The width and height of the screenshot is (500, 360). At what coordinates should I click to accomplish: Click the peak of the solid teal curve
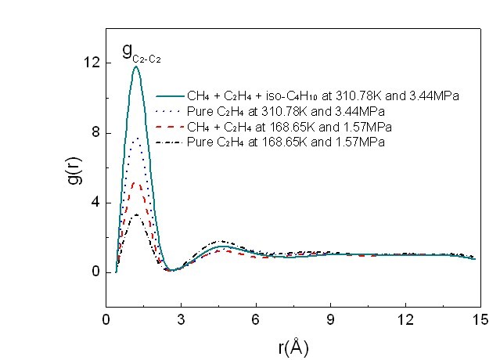136,67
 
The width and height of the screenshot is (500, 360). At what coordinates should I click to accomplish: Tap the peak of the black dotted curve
136,139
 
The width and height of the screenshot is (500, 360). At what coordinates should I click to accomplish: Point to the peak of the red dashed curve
136,182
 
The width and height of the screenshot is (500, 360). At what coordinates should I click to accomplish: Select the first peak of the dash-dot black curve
136,214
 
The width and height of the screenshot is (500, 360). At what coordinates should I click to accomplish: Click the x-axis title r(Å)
294,345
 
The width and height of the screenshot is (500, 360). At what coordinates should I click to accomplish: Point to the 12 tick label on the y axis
92,63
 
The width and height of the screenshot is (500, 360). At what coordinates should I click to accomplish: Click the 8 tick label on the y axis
95,133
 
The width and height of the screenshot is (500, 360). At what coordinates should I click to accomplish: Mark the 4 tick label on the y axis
95,203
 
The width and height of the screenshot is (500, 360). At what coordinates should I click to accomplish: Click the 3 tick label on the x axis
181,319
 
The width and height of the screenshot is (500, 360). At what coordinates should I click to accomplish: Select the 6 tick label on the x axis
255,319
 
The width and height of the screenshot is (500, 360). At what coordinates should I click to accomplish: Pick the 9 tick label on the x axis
330,319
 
